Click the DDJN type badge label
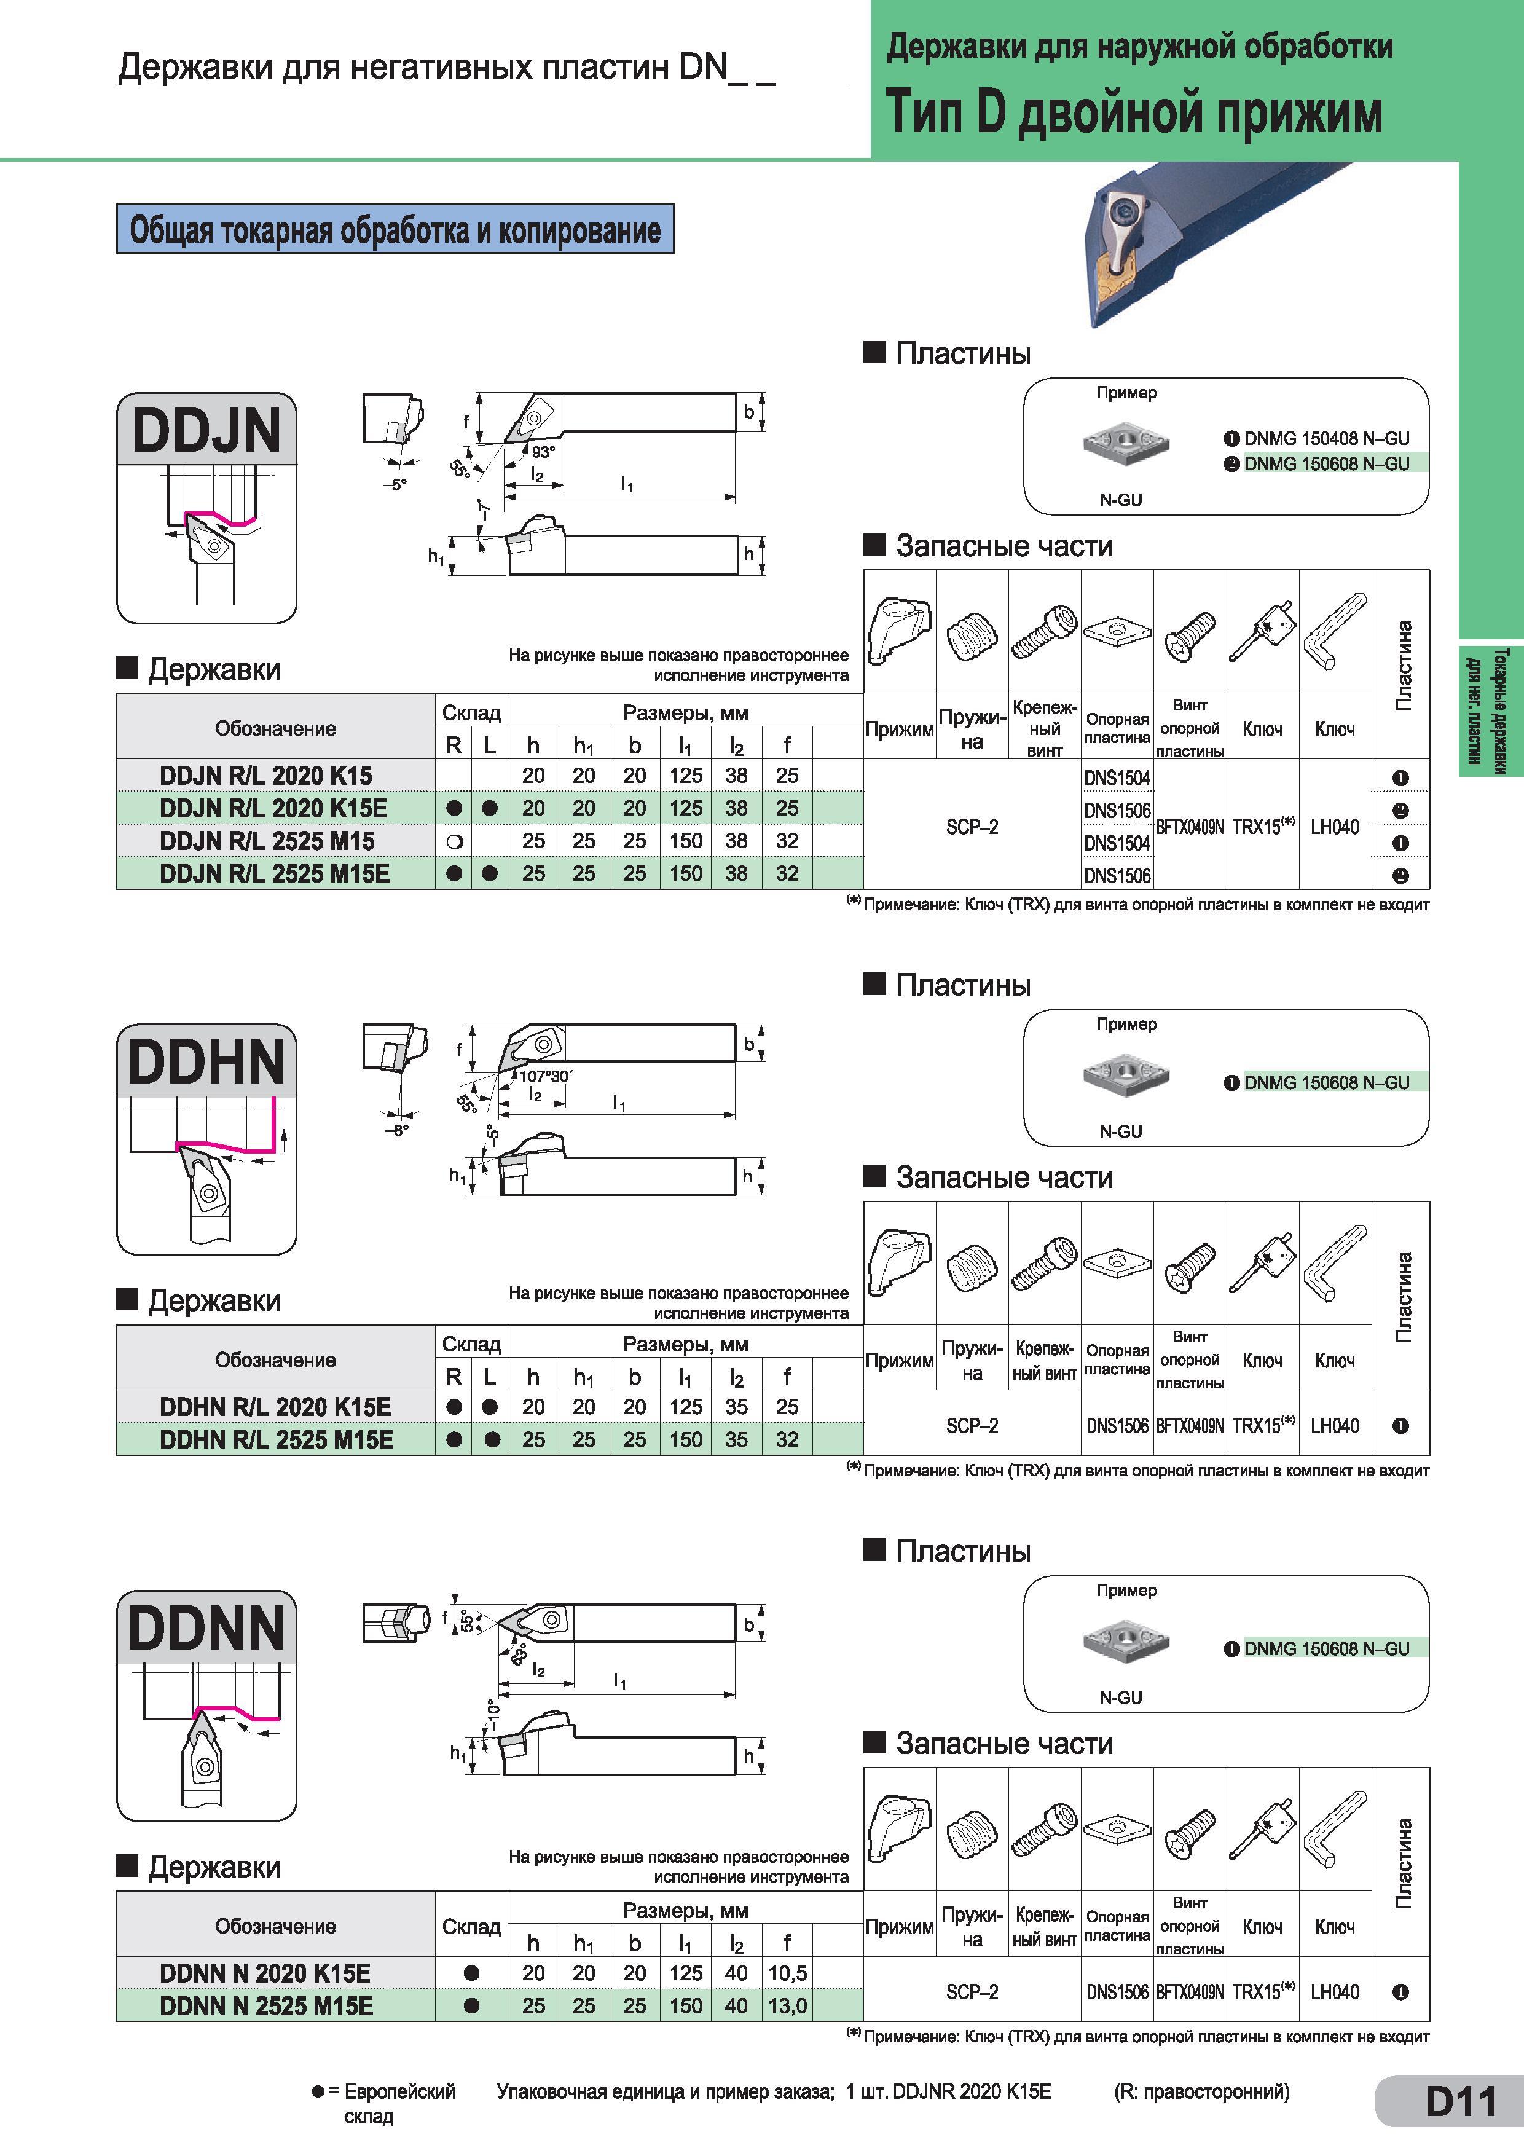206,430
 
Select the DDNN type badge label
206,1627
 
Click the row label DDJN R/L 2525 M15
267,841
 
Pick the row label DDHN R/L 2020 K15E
275,1407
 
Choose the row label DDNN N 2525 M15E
267,2007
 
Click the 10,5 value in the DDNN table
787,1974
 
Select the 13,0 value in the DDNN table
787,2007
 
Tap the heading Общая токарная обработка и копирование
395,229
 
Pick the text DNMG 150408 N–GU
1326,439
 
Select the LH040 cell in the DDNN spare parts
1334,1992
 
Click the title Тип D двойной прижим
1134,112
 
